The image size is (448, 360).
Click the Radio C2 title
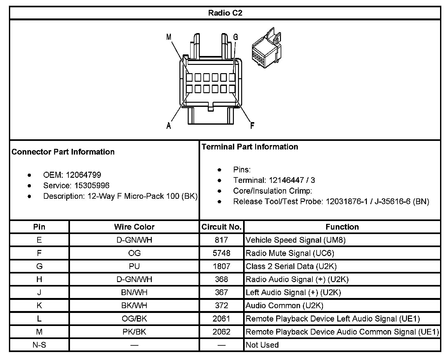225,13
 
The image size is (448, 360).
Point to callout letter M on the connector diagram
169,37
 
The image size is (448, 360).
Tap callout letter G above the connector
235,37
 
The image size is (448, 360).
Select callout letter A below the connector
169,126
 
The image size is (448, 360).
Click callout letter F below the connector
252,126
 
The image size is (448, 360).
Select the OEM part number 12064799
83,175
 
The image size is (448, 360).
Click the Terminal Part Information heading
250,147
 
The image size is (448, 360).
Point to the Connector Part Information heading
63,152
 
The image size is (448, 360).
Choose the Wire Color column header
134,227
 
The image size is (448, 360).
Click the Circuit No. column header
221,227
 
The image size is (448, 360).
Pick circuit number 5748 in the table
221,253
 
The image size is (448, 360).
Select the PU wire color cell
134,267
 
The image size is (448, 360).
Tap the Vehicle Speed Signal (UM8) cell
296,240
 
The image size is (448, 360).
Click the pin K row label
39,306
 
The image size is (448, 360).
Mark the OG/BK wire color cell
134,319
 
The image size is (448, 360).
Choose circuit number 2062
221,332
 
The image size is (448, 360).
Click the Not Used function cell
262,345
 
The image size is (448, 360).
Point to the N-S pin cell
39,345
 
